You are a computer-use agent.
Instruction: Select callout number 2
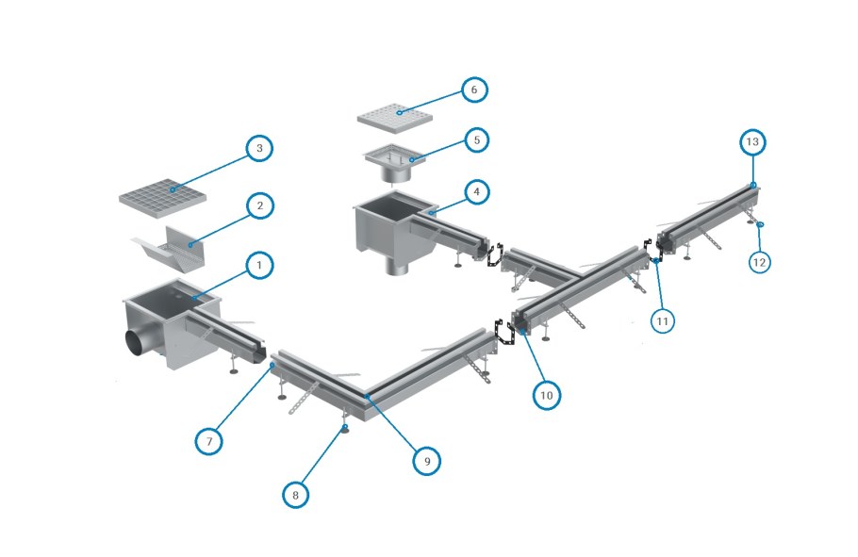pyautogui.click(x=259, y=205)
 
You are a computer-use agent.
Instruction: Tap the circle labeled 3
pyautogui.click(x=259, y=149)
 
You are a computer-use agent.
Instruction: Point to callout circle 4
pyautogui.click(x=477, y=192)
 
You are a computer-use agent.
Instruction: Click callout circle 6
pyautogui.click(x=474, y=90)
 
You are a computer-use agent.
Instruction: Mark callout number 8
pyautogui.click(x=296, y=492)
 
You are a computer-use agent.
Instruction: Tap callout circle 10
pyautogui.click(x=546, y=395)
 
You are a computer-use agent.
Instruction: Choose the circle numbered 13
pyautogui.click(x=751, y=142)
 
